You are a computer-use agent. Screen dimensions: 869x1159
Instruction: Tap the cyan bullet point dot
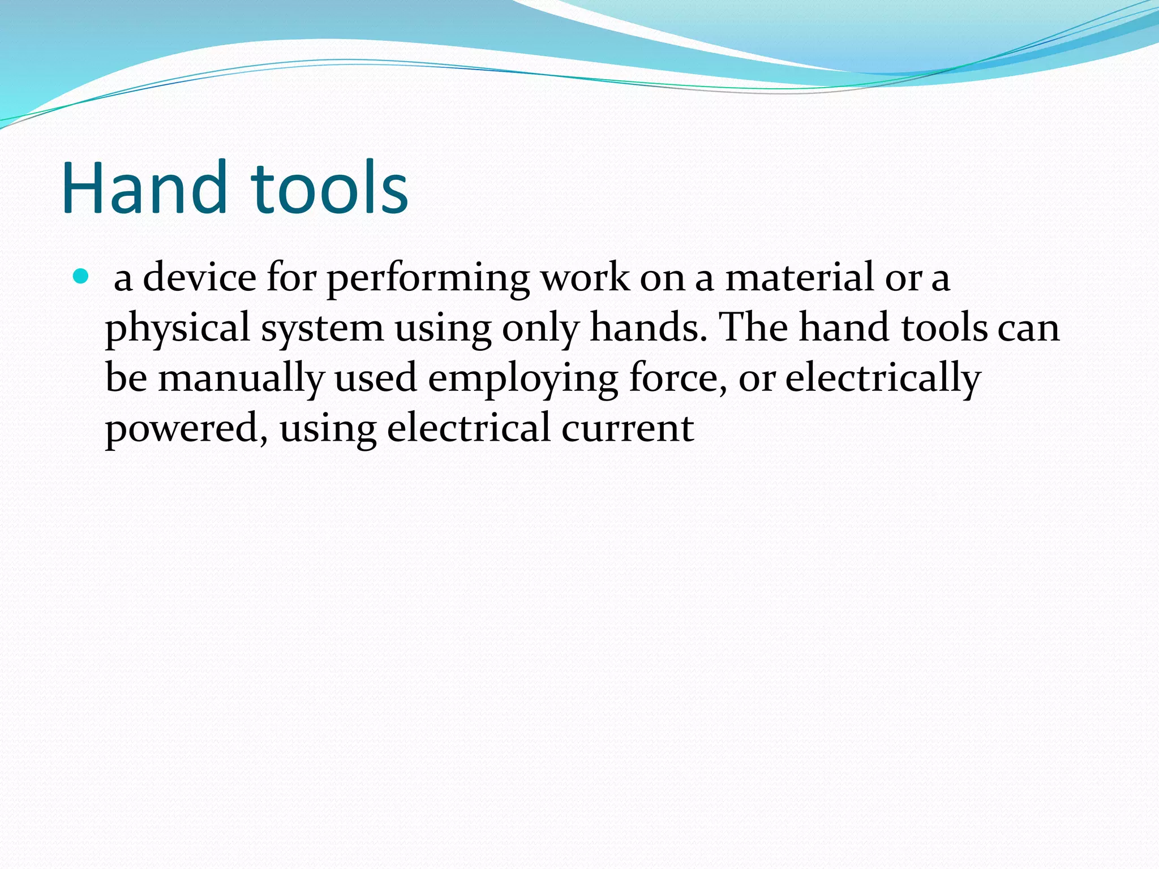point(81,277)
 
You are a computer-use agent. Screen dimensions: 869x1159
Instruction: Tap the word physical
point(178,328)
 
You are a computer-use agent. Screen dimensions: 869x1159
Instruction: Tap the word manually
point(241,378)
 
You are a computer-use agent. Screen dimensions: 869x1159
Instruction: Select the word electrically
point(883,378)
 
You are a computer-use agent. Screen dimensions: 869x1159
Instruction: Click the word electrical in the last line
point(469,428)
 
